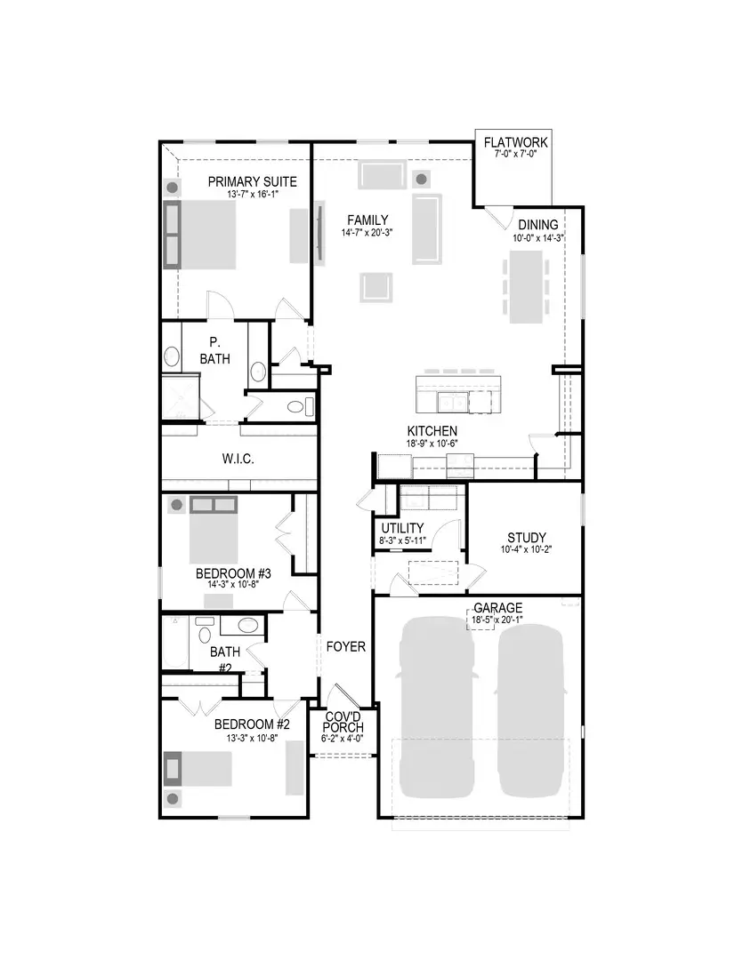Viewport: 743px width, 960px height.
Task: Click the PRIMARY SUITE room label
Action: pyautogui.click(x=252, y=182)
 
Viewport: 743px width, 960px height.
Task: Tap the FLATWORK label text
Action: pyautogui.click(x=516, y=142)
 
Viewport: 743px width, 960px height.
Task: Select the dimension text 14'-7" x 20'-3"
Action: pyautogui.click(x=368, y=233)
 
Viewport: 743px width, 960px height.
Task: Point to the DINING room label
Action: pyautogui.click(x=538, y=225)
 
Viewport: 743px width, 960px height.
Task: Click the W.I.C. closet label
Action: pyautogui.click(x=238, y=460)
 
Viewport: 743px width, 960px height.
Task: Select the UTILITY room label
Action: pyautogui.click(x=402, y=528)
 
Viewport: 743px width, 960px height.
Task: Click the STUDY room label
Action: pyautogui.click(x=527, y=538)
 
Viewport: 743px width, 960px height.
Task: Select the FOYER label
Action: pyautogui.click(x=345, y=647)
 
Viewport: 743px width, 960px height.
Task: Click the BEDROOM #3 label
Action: pyautogui.click(x=233, y=573)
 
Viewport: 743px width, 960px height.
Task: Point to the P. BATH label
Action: pyautogui.click(x=214, y=350)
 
